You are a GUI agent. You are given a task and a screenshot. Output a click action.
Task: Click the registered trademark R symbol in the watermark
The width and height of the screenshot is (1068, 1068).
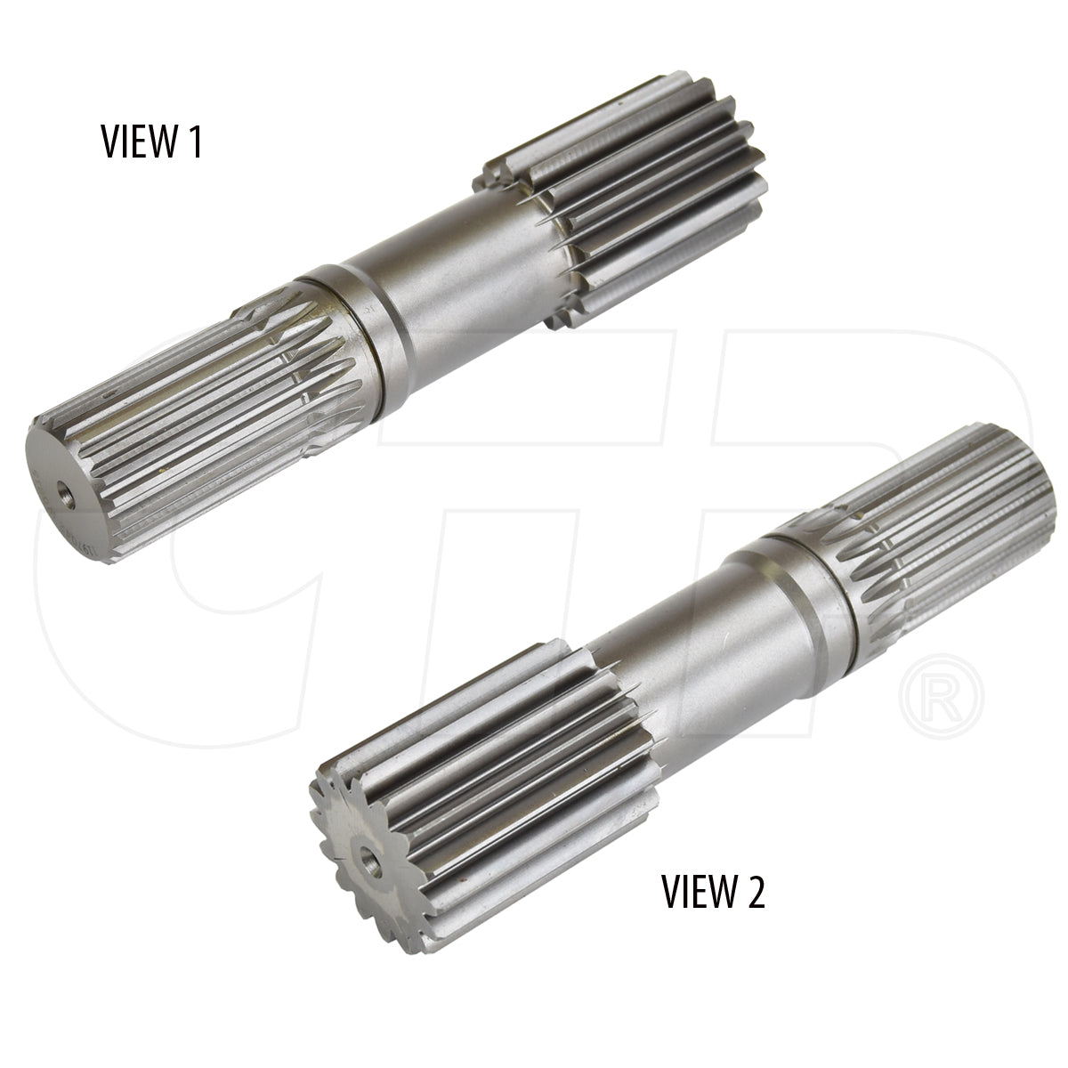click(x=941, y=697)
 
